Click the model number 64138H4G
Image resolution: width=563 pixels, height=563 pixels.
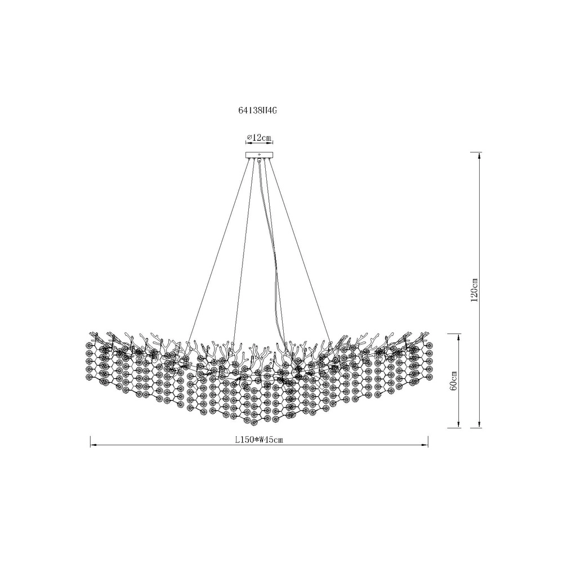tap(258, 111)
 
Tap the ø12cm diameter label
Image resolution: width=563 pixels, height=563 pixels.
tap(258, 137)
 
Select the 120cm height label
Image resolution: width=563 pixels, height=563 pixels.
tap(474, 290)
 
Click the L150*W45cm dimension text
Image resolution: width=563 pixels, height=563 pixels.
tap(259, 440)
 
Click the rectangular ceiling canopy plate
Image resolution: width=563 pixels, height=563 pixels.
tap(259, 155)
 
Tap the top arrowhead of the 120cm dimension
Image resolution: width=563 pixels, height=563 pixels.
tap(479, 155)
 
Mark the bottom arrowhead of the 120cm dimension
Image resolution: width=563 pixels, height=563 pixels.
tap(479, 425)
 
